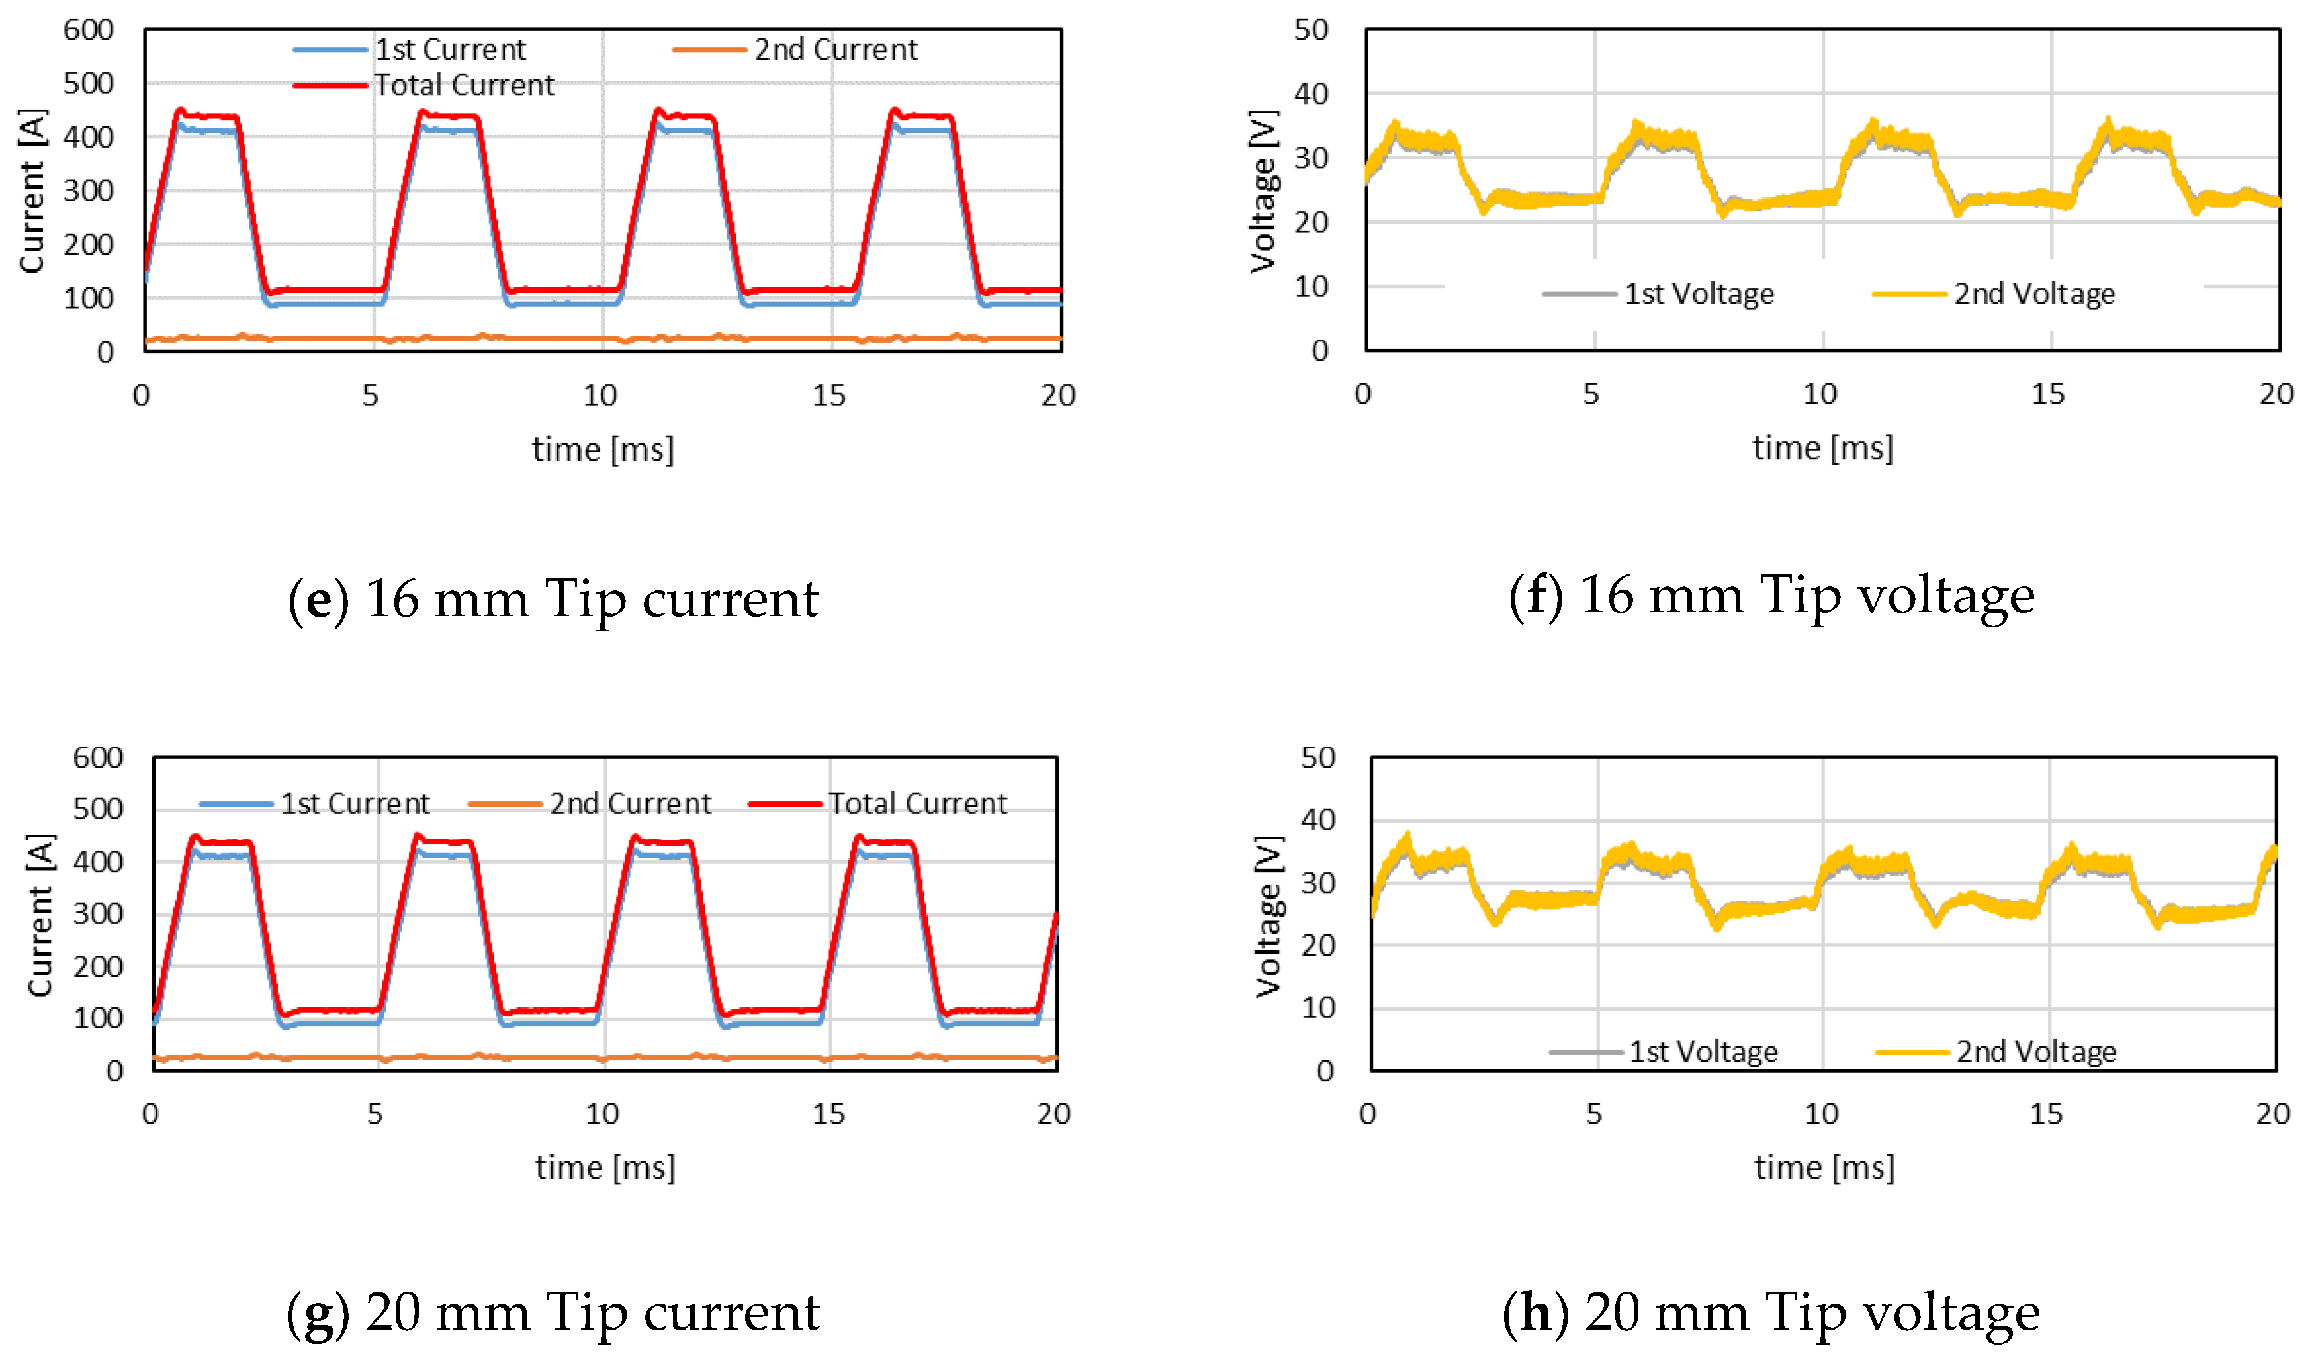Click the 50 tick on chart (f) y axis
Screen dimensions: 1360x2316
pos(1311,30)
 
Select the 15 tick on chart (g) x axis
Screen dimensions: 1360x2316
pos(827,1114)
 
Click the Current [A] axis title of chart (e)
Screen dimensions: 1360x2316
pos(32,191)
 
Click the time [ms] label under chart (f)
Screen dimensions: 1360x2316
pos(1822,449)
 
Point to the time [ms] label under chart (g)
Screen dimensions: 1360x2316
pos(605,1168)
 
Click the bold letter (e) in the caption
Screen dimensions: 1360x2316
pos(318,599)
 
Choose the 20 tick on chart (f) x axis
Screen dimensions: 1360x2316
pos(2276,394)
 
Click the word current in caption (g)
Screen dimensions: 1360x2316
pos(731,1312)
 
